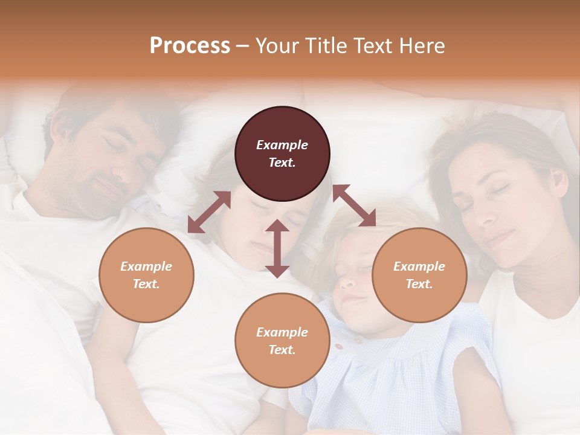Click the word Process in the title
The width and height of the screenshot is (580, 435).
pyautogui.click(x=190, y=46)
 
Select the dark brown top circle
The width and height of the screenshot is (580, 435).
pyautogui.click(x=282, y=153)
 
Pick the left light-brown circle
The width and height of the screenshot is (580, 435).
pyautogui.click(x=146, y=275)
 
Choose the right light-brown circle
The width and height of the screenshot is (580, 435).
pyautogui.click(x=419, y=275)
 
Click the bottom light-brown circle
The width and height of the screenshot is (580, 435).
pyautogui.click(x=282, y=341)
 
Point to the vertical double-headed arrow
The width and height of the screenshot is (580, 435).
pyautogui.click(x=277, y=248)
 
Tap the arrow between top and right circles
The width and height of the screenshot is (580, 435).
pyautogui.click(x=354, y=205)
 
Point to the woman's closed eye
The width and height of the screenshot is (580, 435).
pyautogui.click(x=500, y=188)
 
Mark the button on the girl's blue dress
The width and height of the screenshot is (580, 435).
pyautogui.click(x=340, y=347)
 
